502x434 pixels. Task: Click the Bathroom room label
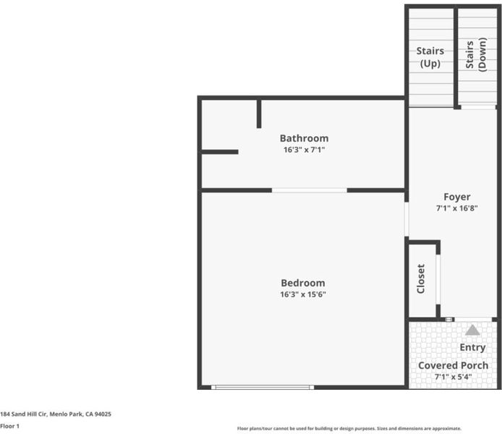pyautogui.click(x=304, y=138)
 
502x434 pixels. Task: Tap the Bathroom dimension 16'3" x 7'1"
pyautogui.click(x=304, y=150)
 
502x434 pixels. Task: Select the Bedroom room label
pyautogui.click(x=303, y=283)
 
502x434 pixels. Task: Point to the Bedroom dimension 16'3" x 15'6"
pyautogui.click(x=303, y=294)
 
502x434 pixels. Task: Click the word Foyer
pyautogui.click(x=457, y=197)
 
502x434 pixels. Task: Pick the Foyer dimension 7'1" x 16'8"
pyautogui.click(x=457, y=208)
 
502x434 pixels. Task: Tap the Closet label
pyautogui.click(x=421, y=278)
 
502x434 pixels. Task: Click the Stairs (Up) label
pyautogui.click(x=430, y=57)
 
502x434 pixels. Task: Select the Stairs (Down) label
pyautogui.click(x=476, y=54)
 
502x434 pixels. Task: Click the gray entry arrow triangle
pyautogui.click(x=472, y=331)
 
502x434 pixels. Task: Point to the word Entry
pyautogui.click(x=472, y=348)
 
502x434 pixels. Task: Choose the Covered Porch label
pyautogui.click(x=453, y=365)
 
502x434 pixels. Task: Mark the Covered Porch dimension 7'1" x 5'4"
pyautogui.click(x=453, y=377)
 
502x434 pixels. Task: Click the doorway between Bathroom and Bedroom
pyautogui.click(x=310, y=190)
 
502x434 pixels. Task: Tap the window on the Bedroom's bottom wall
pyautogui.click(x=263, y=387)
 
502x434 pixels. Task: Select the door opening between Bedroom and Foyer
pyautogui.click(x=407, y=219)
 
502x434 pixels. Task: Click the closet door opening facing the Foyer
pyautogui.click(x=438, y=279)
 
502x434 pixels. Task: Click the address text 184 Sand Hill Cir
pyautogui.click(x=24, y=414)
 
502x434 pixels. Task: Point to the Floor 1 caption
pyautogui.click(x=9, y=426)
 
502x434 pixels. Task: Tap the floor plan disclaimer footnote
pyautogui.click(x=349, y=428)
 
